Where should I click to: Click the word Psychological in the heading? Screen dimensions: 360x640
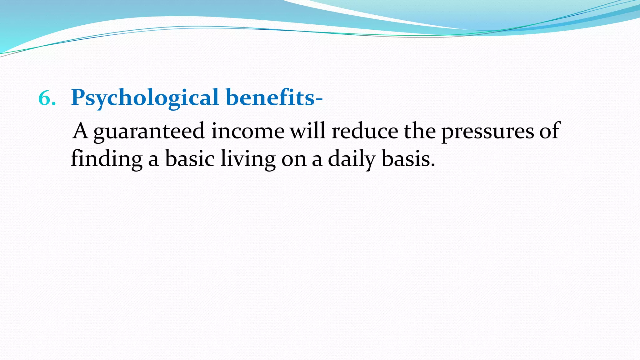pos(145,97)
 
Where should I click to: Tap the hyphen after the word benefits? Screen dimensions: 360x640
pos(319,99)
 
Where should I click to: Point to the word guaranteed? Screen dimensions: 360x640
pos(149,131)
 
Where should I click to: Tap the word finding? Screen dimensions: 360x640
pos(107,159)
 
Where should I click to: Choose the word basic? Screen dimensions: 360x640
pos(190,159)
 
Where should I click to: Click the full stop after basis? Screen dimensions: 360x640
pos(432,165)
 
